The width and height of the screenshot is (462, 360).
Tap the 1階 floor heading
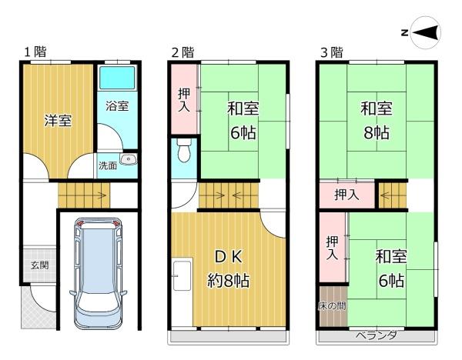35,52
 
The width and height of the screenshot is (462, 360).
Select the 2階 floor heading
183,52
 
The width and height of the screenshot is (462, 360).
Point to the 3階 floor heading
332,52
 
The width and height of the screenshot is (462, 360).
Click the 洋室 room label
58,121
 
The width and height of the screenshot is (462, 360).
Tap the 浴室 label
117,105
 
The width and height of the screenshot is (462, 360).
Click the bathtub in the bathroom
117,78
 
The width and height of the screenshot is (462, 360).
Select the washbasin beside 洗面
128,159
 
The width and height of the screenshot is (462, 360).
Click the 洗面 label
108,165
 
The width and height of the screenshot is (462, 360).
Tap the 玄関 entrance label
40,265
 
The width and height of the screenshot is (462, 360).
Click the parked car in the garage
98,273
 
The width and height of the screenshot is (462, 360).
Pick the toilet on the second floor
185,150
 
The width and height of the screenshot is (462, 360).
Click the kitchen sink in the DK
182,275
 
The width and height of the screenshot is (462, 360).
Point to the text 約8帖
229,281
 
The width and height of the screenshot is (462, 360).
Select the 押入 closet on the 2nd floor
185,100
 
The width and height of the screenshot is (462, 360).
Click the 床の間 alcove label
332,306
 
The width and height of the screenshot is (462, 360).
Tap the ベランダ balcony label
377,335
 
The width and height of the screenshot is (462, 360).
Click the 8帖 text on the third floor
377,133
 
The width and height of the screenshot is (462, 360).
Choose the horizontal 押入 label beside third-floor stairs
346,195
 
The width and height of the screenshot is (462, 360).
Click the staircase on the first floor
84,195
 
